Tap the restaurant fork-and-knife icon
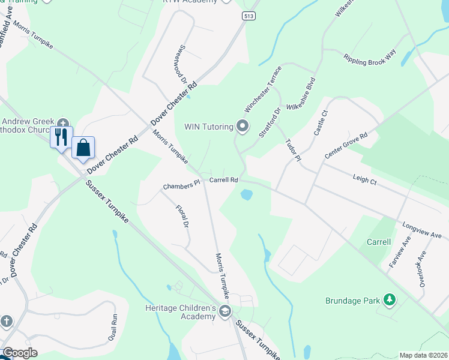tap(61, 137)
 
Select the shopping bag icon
tap(83, 146)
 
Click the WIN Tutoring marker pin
tap(243, 126)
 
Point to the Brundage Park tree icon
tap(390, 299)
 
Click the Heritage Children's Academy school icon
tap(225, 311)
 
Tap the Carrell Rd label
tap(224, 179)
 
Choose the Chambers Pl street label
tap(181, 186)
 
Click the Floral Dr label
tap(182, 217)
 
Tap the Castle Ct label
tap(319, 122)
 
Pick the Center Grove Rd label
tap(346, 146)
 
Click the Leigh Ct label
tap(364, 179)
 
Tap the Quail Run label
tap(112, 327)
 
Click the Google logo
tap(20, 353)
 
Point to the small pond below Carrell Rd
tap(246, 195)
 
